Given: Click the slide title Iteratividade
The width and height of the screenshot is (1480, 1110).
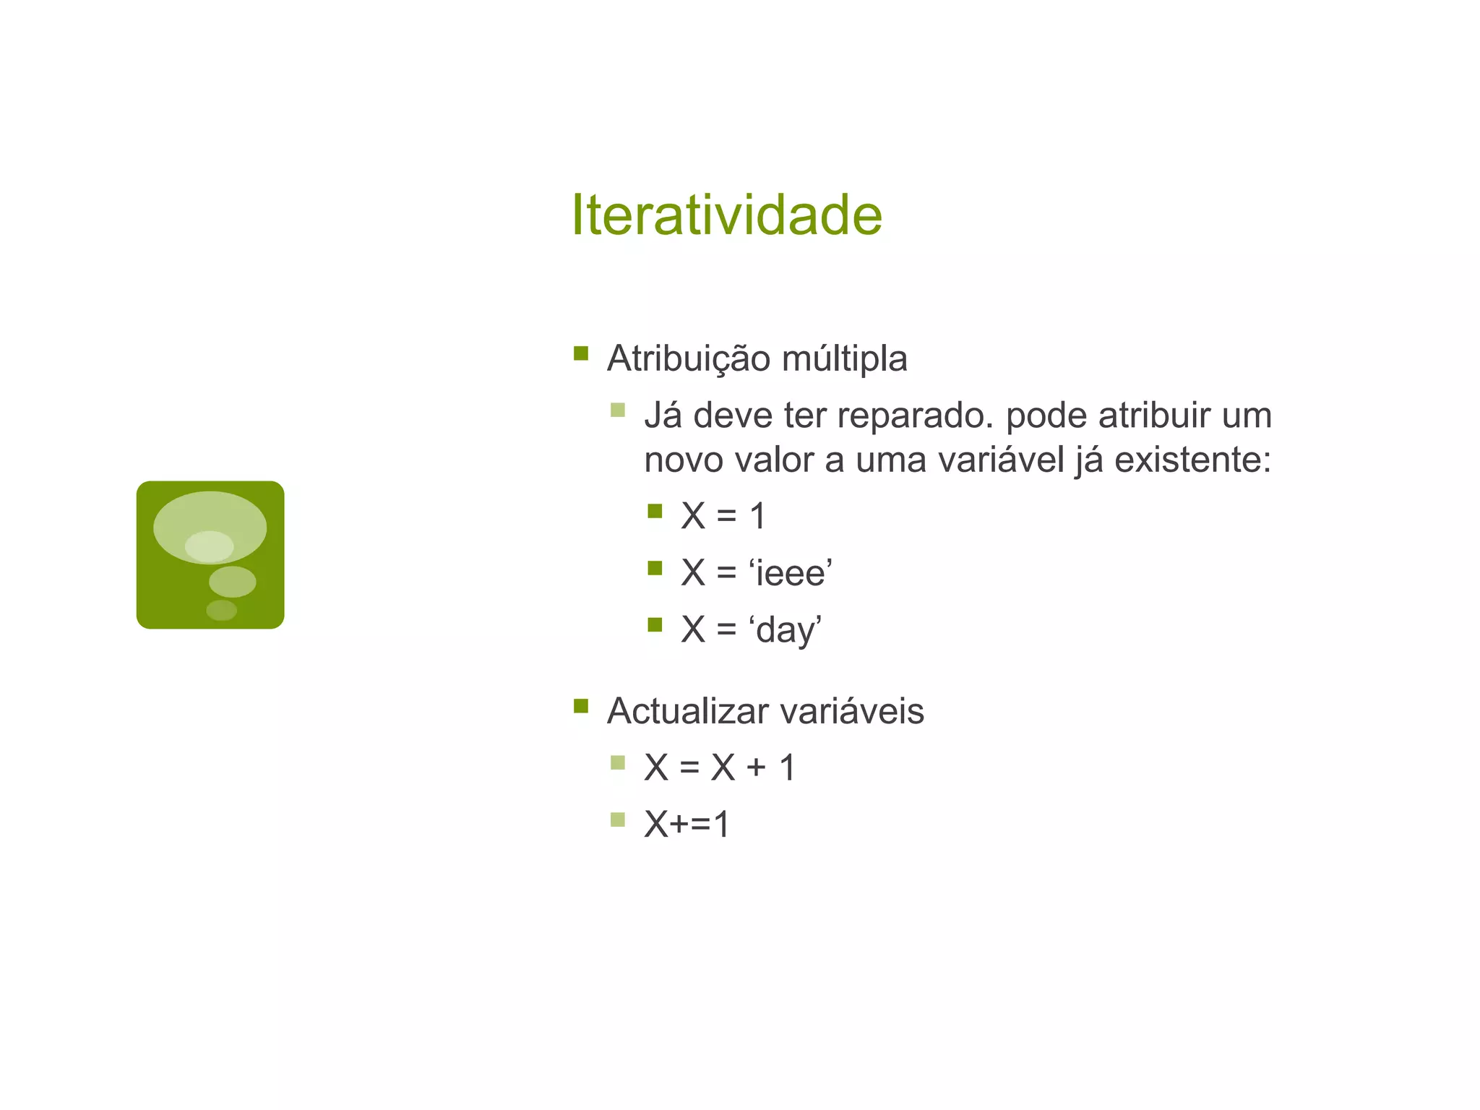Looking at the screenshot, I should [x=726, y=215].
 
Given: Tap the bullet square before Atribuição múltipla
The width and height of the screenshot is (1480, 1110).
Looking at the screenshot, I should [x=581, y=353].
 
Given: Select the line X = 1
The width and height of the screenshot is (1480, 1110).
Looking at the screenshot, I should [x=723, y=516].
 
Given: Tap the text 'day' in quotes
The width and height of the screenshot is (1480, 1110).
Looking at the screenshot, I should [x=786, y=630].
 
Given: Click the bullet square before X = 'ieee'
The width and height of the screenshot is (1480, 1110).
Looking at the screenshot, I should [x=655, y=568].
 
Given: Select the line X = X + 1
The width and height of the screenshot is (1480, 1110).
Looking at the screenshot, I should [x=720, y=767].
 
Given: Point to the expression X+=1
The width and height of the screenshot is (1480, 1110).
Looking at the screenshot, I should [x=687, y=824].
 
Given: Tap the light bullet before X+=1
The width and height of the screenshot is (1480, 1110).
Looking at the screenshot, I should [x=617, y=819].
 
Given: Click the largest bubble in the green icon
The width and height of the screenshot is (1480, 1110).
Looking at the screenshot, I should [x=210, y=525].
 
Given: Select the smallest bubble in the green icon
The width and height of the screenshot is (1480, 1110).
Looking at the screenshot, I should [x=221, y=610].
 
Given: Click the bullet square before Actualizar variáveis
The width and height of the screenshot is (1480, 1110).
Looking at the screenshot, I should [x=581, y=706].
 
